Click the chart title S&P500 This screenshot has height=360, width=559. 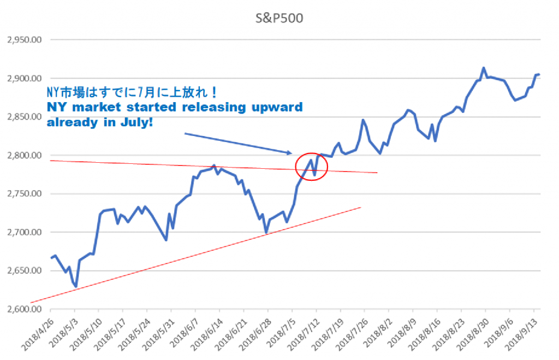pyautogui.click(x=279, y=17)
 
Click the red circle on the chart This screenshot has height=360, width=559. pyautogui.click(x=311, y=166)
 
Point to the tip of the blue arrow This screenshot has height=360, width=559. pyautogui.click(x=293, y=153)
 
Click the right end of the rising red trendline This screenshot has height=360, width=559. pyautogui.click(x=361, y=207)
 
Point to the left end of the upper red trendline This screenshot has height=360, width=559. pyautogui.click(x=50, y=161)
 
